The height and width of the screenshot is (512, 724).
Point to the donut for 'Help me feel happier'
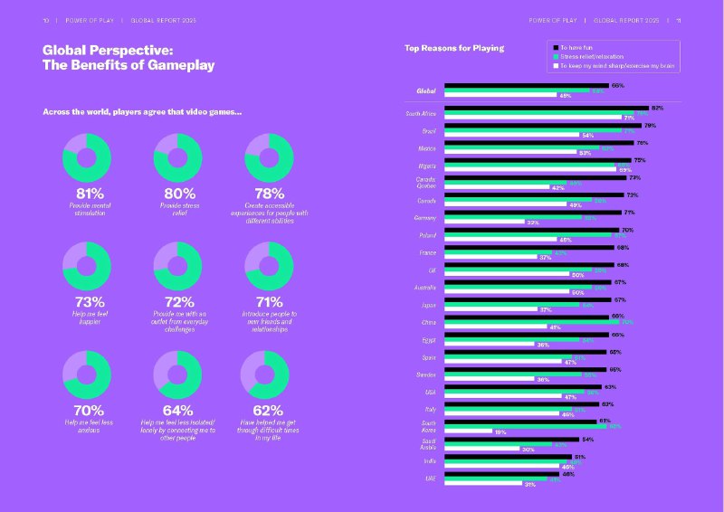[87, 266]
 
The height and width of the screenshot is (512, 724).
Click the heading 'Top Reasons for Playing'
[454, 48]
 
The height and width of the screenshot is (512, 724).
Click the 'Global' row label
[425, 90]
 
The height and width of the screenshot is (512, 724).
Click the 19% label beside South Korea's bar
[500, 431]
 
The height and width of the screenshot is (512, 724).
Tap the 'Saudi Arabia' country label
[427, 443]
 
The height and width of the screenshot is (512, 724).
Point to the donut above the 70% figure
[87, 374]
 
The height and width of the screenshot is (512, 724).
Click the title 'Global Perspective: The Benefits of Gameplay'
[129, 58]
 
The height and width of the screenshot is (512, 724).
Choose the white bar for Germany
[483, 223]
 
